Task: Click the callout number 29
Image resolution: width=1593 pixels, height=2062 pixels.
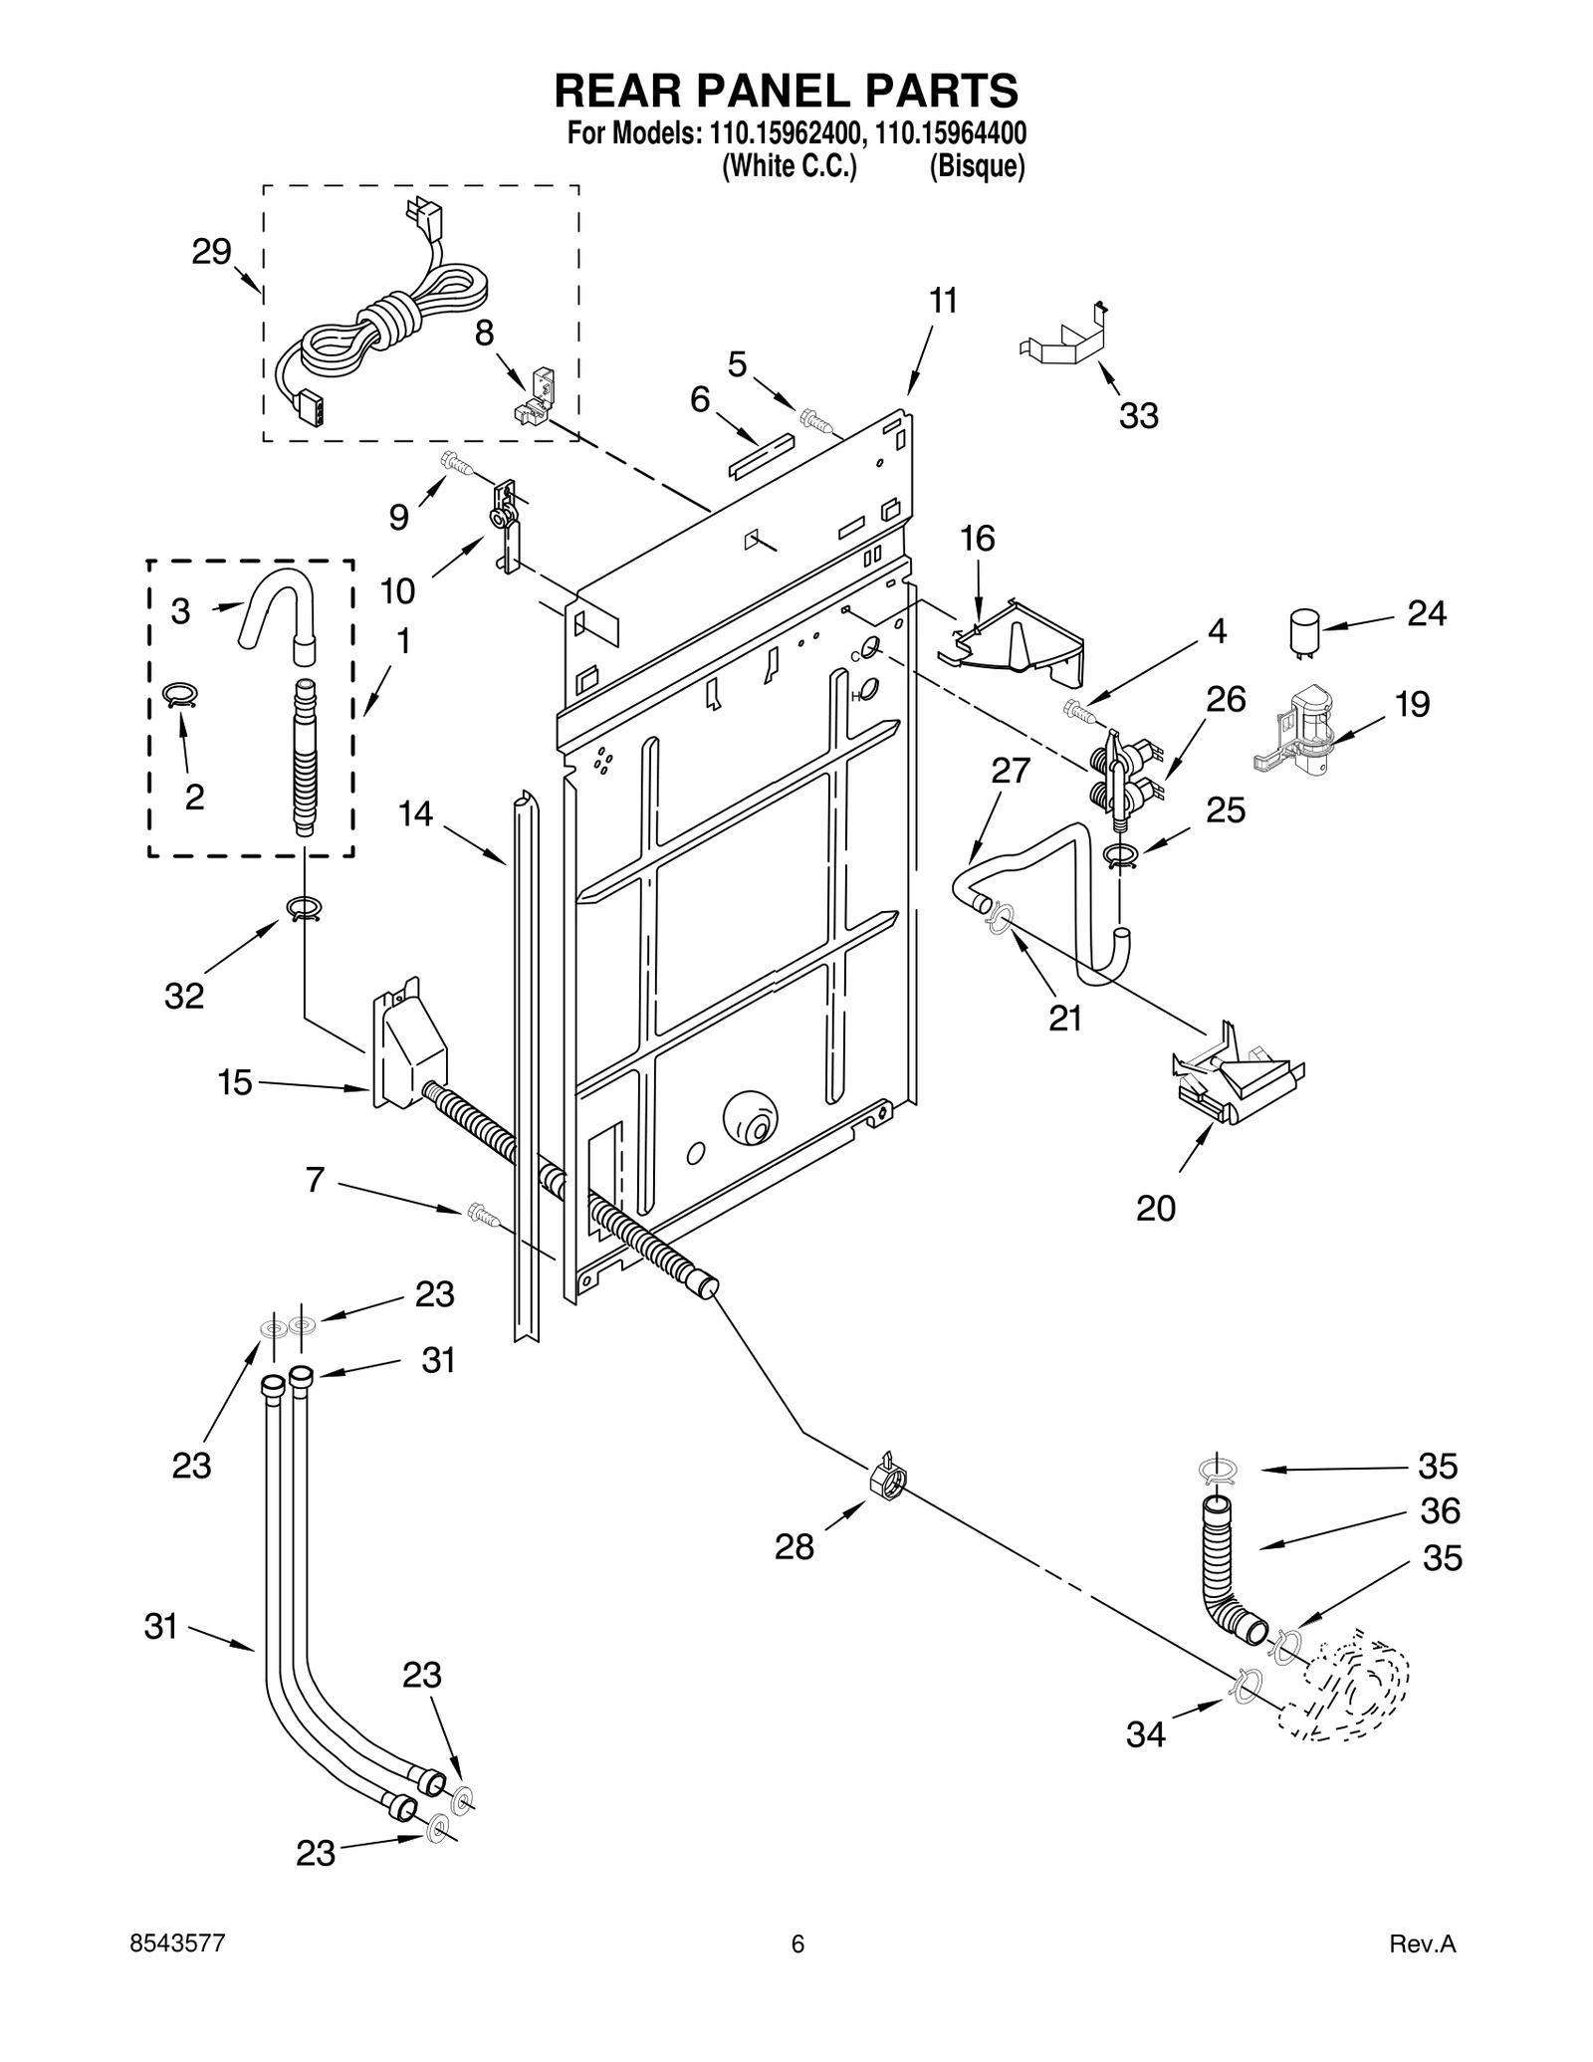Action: click(x=211, y=252)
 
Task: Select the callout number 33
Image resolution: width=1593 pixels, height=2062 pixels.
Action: click(x=1138, y=415)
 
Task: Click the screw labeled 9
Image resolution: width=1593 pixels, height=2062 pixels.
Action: click(x=454, y=461)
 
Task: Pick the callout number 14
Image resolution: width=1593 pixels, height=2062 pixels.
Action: click(x=415, y=813)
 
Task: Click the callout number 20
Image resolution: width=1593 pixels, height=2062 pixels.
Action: click(x=1156, y=1208)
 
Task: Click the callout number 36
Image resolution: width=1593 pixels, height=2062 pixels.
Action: click(x=1440, y=1510)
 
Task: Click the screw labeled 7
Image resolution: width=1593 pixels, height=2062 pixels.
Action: click(x=480, y=1212)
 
